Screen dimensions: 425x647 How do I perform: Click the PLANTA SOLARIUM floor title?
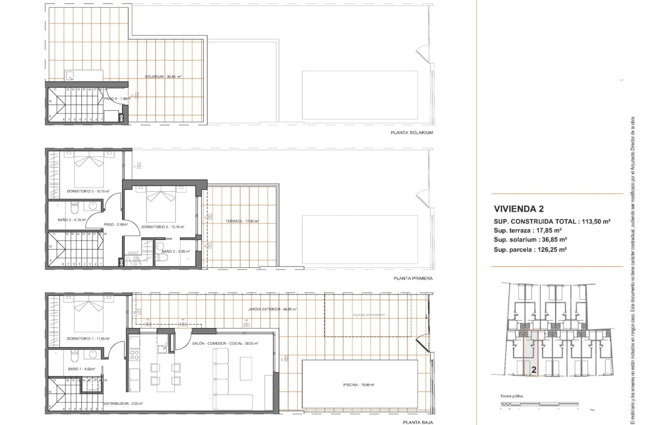(x=411, y=133)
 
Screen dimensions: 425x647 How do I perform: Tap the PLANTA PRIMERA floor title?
(x=413, y=278)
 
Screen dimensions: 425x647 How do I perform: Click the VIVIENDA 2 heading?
(x=519, y=209)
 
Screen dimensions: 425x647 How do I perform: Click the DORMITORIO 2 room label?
(x=162, y=227)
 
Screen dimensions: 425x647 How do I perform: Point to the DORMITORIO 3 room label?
(x=88, y=191)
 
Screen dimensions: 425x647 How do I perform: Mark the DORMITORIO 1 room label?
(x=88, y=339)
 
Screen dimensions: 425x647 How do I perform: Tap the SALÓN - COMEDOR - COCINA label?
(x=225, y=344)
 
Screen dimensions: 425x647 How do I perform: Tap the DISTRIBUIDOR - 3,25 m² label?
(x=123, y=404)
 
